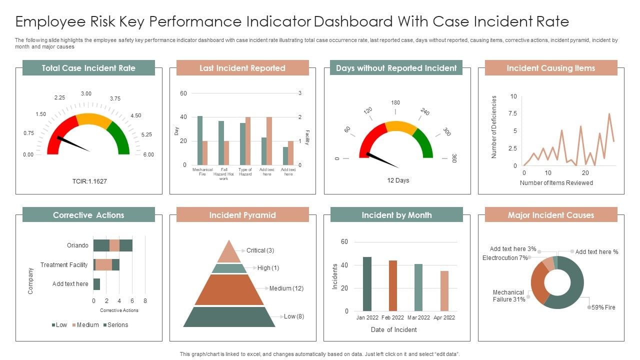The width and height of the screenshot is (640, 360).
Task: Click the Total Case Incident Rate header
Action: [x=88, y=68]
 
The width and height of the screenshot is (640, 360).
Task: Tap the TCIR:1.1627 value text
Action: [x=89, y=181]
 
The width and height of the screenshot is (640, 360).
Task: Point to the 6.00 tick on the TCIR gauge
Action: [x=148, y=154]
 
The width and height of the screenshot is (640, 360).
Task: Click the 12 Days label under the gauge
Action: [x=398, y=180]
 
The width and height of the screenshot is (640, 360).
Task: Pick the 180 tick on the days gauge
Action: [x=395, y=102]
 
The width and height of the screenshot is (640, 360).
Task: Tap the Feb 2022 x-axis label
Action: [x=393, y=317]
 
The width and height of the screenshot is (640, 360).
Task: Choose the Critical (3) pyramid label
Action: [x=260, y=250]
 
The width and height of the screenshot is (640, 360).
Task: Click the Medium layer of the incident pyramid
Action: [x=229, y=290]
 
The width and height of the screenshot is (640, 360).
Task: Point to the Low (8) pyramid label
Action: [x=294, y=316]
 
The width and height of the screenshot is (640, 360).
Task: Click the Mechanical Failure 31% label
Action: [x=508, y=296]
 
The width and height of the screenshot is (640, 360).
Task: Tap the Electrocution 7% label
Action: [x=505, y=258]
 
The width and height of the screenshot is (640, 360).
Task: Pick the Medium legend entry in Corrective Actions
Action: [x=85, y=325]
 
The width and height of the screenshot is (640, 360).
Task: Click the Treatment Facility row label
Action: [x=64, y=265]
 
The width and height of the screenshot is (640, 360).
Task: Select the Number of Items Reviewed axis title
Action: [x=556, y=183]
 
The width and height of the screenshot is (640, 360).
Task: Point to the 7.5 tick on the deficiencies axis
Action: [x=513, y=113]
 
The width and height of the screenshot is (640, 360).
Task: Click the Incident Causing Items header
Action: [x=550, y=68]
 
